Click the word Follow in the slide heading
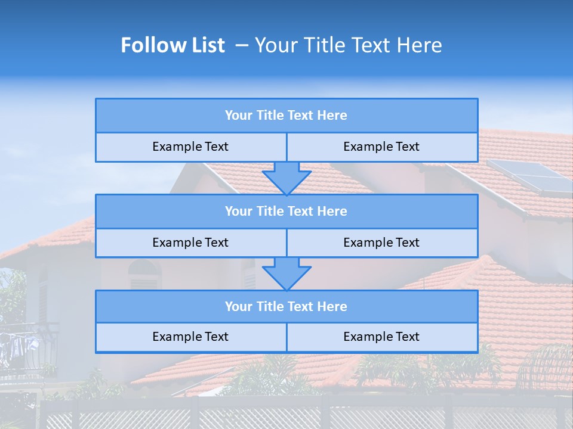(149, 45)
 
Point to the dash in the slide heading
(242, 45)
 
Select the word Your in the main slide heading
(275, 45)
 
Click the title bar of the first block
(286, 116)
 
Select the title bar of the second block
(286, 212)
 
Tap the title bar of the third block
(286, 307)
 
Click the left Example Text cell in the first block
(190, 147)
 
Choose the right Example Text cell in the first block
(382, 147)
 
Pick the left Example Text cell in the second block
(190, 243)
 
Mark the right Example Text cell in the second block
(382, 243)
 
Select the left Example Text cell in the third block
(190, 337)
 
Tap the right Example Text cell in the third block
(382, 337)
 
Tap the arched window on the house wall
(144, 275)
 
